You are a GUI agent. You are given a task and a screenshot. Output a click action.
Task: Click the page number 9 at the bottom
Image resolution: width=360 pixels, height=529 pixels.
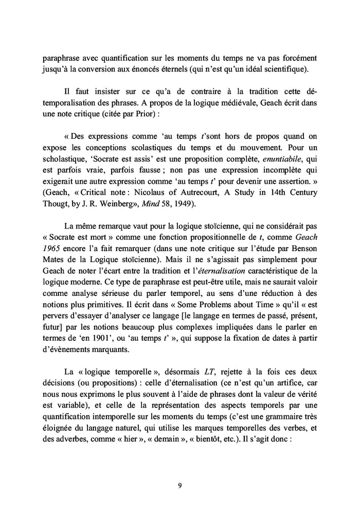tap(179, 485)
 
